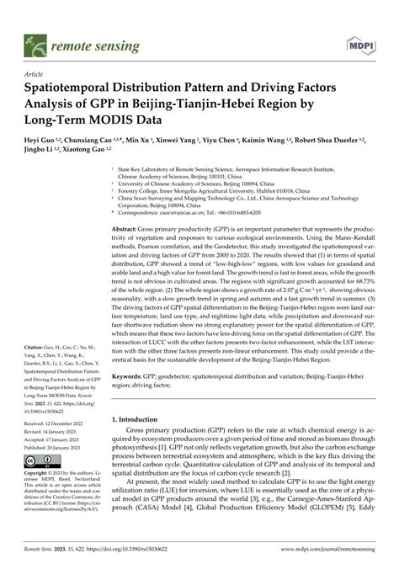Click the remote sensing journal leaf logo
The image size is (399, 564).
(x=35, y=40)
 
